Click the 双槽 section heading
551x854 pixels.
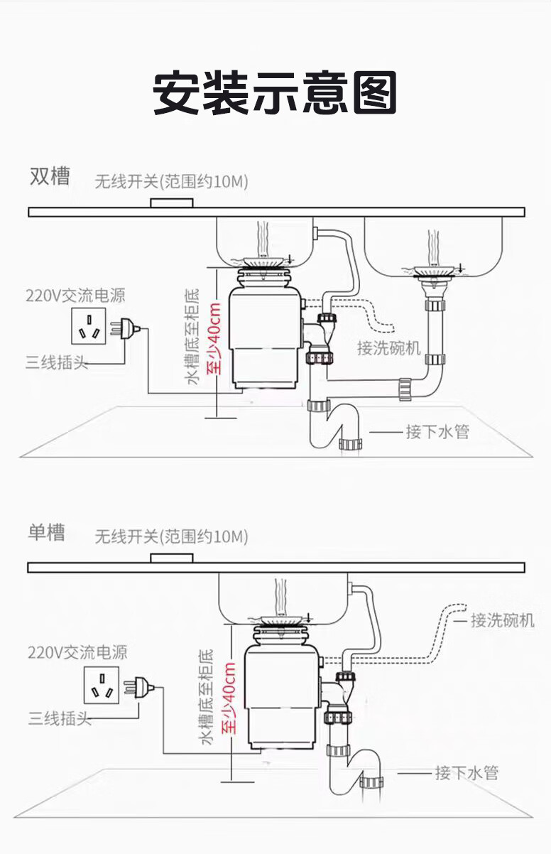pos(50,176)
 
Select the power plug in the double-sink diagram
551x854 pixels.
pos(128,328)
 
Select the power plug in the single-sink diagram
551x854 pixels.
pos(142,687)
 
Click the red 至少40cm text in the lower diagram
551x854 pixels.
pos(229,698)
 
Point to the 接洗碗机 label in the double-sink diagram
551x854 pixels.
pos(389,348)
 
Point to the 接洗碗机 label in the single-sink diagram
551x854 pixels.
pos(503,620)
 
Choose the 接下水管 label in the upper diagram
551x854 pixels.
pos(437,431)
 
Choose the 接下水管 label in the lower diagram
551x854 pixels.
pos(467,772)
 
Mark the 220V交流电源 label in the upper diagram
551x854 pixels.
pos(70,295)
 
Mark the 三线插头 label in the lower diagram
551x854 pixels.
pos(60,718)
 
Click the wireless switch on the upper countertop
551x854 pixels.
pos(172,203)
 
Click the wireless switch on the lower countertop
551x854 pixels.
pos(172,558)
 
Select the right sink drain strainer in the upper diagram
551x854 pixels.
pos(434,271)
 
